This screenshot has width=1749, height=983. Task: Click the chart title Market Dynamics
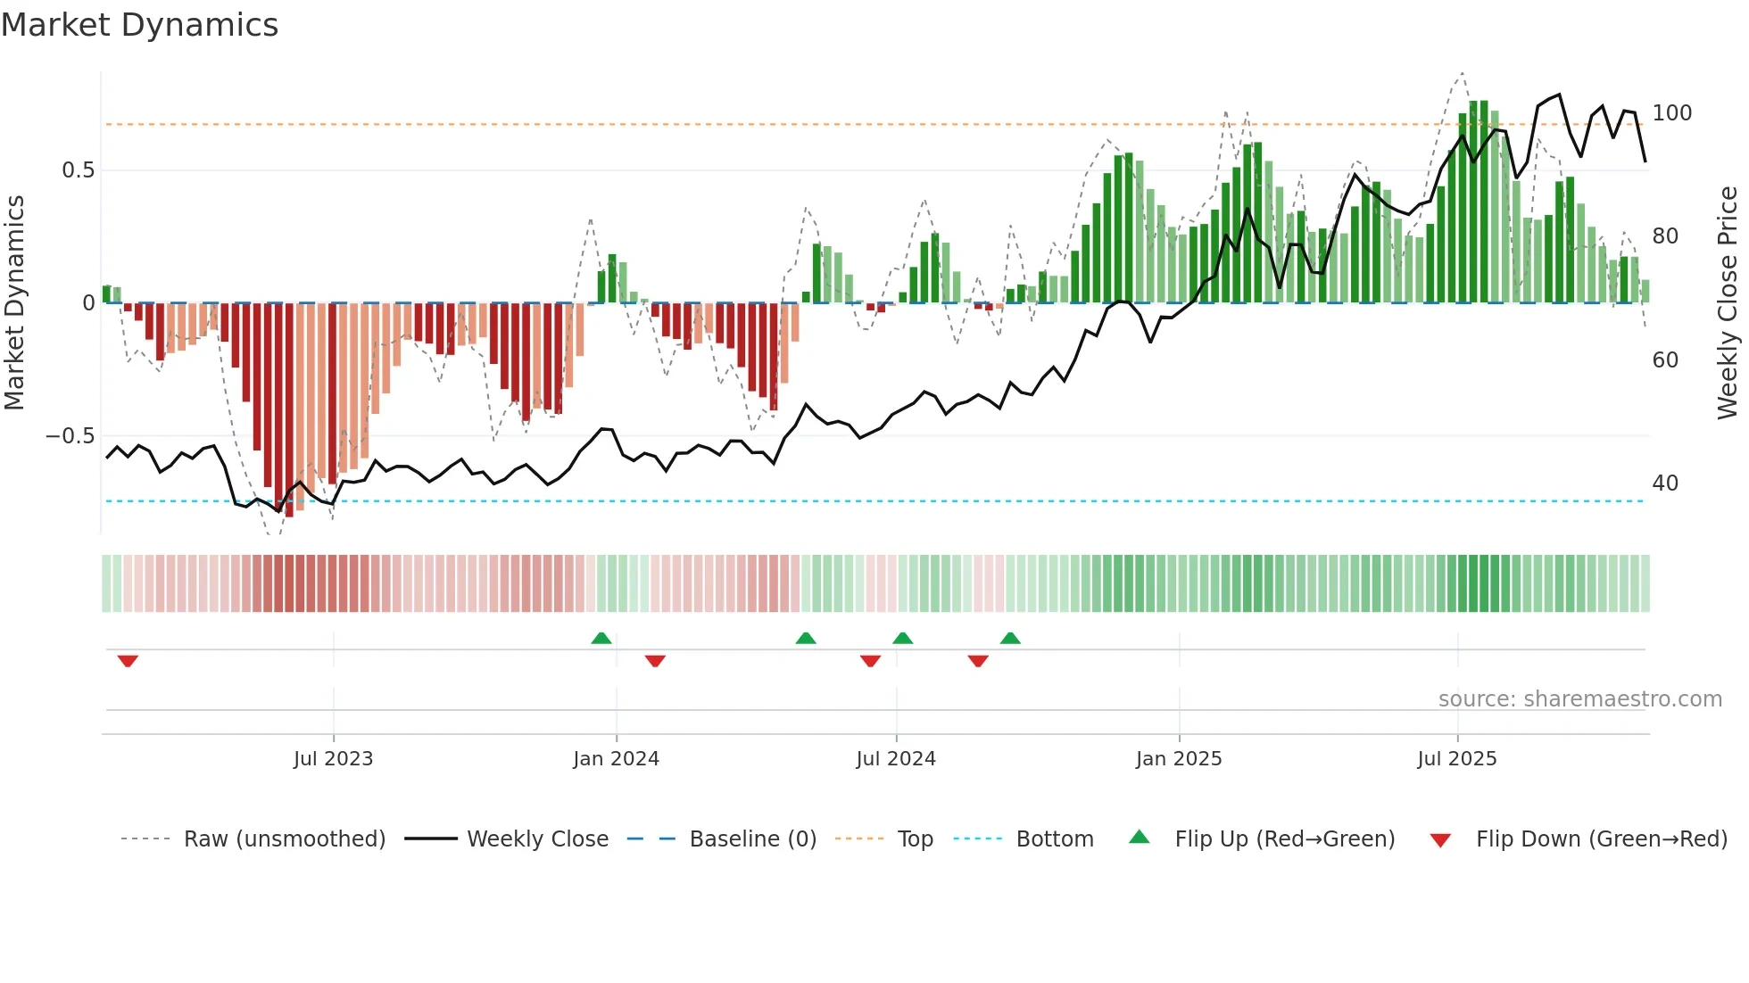point(139,25)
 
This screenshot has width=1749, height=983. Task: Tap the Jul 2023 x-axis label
point(333,759)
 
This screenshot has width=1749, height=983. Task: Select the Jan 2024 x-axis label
point(616,759)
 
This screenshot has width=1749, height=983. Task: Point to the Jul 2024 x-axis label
point(896,759)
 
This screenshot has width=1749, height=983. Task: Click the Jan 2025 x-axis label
point(1179,759)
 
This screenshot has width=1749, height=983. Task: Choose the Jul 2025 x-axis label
point(1457,759)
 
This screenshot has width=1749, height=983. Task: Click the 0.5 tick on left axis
point(78,170)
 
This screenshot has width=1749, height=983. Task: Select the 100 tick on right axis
point(1671,113)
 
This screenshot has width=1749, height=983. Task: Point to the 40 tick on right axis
point(1665,483)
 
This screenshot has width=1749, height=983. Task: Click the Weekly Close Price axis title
point(1728,303)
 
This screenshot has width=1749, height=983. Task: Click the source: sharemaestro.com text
point(1579,699)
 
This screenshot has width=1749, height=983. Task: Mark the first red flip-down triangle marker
point(128,661)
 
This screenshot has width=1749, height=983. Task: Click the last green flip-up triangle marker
point(1010,639)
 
